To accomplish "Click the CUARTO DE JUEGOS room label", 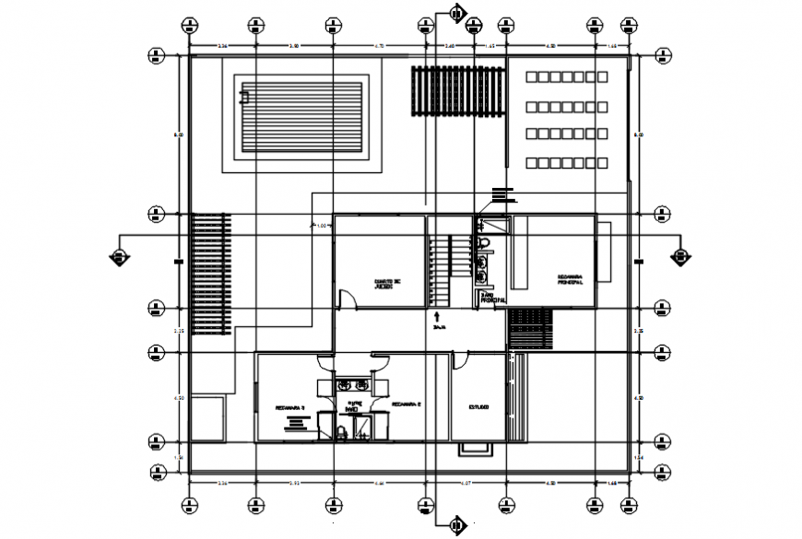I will [388, 285].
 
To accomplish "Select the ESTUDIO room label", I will [478, 406].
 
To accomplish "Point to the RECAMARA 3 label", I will [290, 406].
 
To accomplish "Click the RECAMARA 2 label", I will [406, 404].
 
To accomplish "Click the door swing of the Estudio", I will [458, 362].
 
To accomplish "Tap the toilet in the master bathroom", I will [484, 243].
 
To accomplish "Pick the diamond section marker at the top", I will [456, 12].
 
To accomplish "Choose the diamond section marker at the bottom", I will [456, 526].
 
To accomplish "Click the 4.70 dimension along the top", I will [378, 45].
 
